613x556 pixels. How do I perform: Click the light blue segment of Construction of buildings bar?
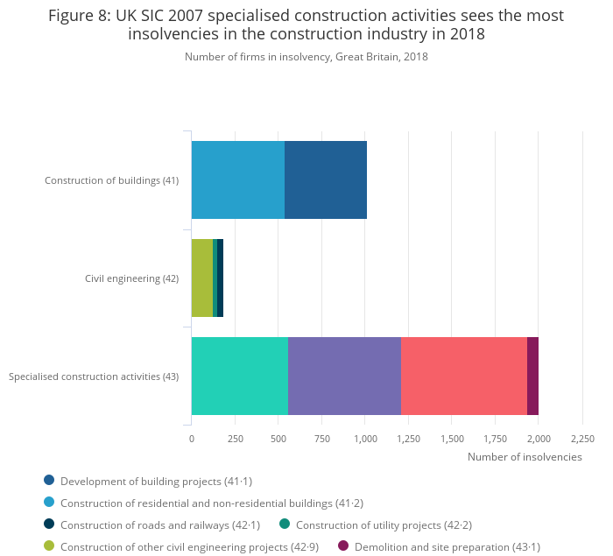pyautogui.click(x=238, y=179)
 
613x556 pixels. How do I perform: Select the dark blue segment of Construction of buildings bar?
pyautogui.click(x=326, y=179)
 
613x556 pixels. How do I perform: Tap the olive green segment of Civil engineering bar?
pyautogui.click(x=202, y=278)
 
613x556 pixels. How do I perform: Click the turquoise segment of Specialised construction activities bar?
pyautogui.click(x=240, y=376)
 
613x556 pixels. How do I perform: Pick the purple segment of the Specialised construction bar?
pyautogui.click(x=344, y=376)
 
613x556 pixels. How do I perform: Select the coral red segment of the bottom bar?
pyautogui.click(x=463, y=376)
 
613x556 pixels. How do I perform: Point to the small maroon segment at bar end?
pyautogui.click(x=532, y=376)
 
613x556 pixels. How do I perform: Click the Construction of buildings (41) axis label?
pyautogui.click(x=111, y=180)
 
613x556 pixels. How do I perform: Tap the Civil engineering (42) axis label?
pyautogui.click(x=131, y=278)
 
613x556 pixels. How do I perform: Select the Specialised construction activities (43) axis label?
pyautogui.click(x=94, y=377)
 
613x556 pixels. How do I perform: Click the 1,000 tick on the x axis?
pyautogui.click(x=365, y=439)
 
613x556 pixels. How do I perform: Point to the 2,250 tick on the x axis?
pyautogui.click(x=582, y=439)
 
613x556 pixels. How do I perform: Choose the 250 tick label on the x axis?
pyautogui.click(x=235, y=439)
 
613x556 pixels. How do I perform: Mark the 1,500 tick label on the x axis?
pyautogui.click(x=452, y=439)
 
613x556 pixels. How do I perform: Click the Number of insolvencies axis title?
pyautogui.click(x=525, y=457)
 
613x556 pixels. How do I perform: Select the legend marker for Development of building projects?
pyautogui.click(x=49, y=480)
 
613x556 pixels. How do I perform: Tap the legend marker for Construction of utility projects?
pyautogui.click(x=285, y=524)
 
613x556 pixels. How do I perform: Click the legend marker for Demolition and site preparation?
pyautogui.click(x=343, y=546)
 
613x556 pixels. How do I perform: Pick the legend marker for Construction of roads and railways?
pyautogui.click(x=49, y=524)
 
